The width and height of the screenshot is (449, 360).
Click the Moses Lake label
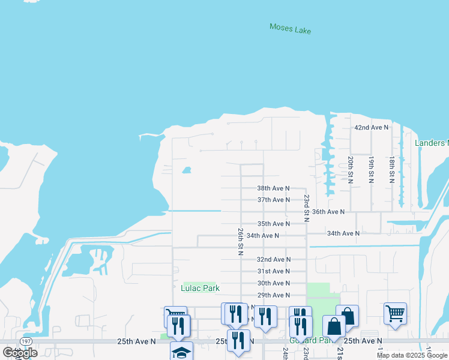pyautogui.click(x=291, y=28)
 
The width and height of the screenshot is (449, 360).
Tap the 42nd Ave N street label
pyautogui.click(x=371, y=128)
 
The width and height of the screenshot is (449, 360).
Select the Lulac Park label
pyautogui.click(x=200, y=289)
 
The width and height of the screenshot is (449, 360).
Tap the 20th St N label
pyautogui.click(x=350, y=170)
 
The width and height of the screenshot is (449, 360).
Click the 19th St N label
pyautogui.click(x=371, y=170)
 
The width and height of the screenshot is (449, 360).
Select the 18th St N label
pyautogui.click(x=391, y=170)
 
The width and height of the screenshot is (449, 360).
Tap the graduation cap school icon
pyautogui.click(x=181, y=352)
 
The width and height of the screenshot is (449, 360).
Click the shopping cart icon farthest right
pyautogui.click(x=395, y=313)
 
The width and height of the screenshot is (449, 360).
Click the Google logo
pyautogui.click(x=20, y=352)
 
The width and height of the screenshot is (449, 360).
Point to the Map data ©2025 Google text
pyautogui.click(x=412, y=355)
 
